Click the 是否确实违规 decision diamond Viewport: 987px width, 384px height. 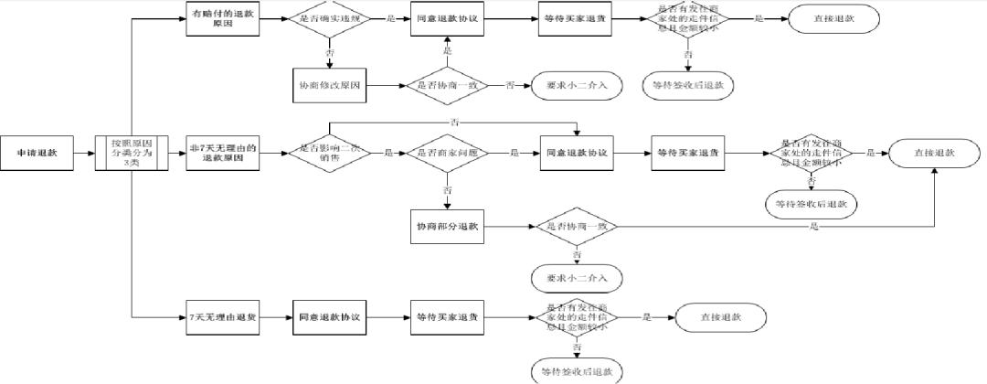tap(330, 19)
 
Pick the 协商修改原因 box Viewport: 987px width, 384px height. tap(330, 85)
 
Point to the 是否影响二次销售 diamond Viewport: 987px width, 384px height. tap(330, 154)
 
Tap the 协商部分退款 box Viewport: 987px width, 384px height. tap(447, 225)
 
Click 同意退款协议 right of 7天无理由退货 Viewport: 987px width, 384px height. tap(330, 317)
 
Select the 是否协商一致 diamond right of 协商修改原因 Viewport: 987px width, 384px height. tap(447, 85)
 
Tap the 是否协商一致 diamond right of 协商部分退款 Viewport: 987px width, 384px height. tap(577, 225)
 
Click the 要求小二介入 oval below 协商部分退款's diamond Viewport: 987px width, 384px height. tap(577, 275)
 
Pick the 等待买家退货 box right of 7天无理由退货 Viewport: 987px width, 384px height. tap(447, 317)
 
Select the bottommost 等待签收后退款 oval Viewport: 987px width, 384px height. tap(577, 371)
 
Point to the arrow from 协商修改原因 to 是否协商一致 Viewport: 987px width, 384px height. tap(384, 85)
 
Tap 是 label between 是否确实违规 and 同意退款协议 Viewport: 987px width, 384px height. tap(391, 19)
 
